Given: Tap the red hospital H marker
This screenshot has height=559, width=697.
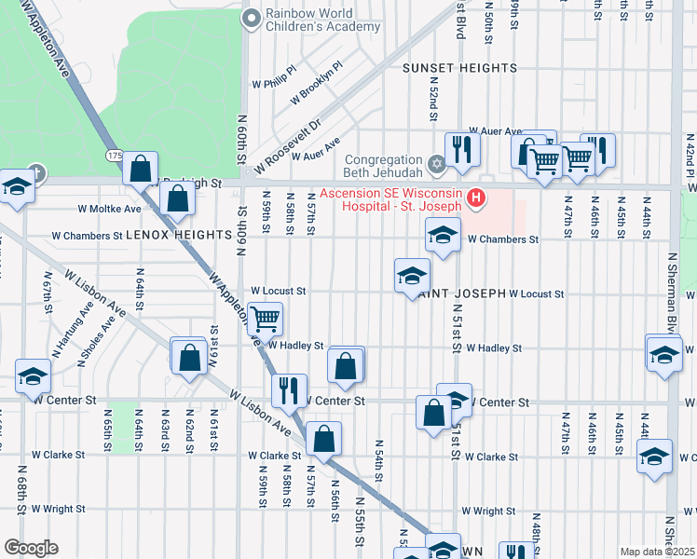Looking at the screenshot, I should pyautogui.click(x=476, y=197).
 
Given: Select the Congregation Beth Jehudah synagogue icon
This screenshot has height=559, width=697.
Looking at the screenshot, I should pyautogui.click(x=436, y=164).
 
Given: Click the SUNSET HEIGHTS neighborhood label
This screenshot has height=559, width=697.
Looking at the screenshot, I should pyautogui.click(x=459, y=69).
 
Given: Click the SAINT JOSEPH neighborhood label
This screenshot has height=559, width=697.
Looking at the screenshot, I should pyautogui.click(x=461, y=293).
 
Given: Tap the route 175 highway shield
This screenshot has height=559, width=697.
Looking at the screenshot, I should pyautogui.click(x=114, y=155).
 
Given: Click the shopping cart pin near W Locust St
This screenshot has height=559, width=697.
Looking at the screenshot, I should pyautogui.click(x=266, y=319).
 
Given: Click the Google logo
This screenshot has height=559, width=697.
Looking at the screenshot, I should pyautogui.click(x=31, y=548).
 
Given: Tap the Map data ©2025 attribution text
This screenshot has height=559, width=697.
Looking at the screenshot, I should pyautogui.click(x=657, y=552).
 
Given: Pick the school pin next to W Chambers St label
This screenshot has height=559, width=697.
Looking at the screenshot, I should pyautogui.click(x=443, y=235).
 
